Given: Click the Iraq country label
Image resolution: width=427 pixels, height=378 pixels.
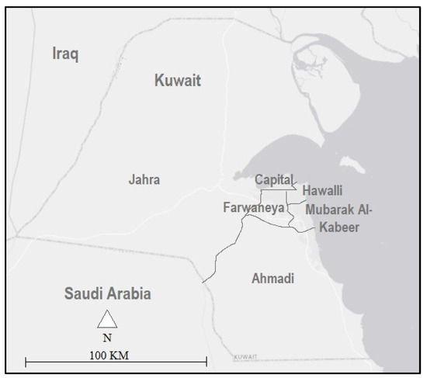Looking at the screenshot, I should [66, 54].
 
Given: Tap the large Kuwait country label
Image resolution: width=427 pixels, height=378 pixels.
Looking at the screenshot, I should [178, 80].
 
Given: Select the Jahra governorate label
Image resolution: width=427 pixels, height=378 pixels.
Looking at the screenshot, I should [144, 179].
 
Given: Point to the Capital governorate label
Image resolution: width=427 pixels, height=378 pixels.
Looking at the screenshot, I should [274, 180].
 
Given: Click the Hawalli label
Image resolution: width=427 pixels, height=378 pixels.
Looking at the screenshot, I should [322, 191].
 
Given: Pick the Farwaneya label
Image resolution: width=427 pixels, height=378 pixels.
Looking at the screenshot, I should [253, 208].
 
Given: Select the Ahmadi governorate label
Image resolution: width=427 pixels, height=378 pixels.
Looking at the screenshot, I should [273, 278].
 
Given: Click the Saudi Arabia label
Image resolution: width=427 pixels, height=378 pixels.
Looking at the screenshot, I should [107, 294].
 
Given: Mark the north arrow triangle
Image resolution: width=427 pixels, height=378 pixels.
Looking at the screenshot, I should [107, 319].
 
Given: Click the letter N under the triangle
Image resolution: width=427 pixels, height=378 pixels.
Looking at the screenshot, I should [107, 338].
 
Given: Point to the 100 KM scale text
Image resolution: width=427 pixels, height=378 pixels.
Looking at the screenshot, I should [106, 355].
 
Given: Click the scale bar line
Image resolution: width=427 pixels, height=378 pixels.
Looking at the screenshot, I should [116, 362].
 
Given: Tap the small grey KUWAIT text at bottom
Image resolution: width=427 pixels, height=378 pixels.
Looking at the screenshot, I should [245, 356].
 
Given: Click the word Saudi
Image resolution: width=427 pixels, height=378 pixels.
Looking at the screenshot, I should [84, 294].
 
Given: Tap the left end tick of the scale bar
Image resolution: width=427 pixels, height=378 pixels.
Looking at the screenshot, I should [26, 362].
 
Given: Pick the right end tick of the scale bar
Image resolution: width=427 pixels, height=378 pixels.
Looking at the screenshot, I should [207, 362].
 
